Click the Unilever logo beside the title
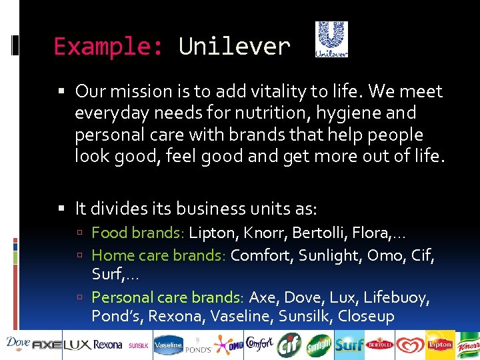pos(331,39)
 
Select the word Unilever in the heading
pos(234,47)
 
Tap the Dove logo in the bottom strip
pos(17,343)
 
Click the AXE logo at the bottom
pos(47,345)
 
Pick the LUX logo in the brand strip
pos(77,345)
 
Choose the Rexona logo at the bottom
pos(107,345)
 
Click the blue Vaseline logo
pos(168,345)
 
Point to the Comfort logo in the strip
pos(259,344)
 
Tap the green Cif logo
pos(291,345)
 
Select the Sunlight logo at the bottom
pos(319,345)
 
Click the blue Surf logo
pos(349,345)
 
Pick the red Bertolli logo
pos(380,345)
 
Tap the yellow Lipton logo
pos(440,345)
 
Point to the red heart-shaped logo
pos(410,345)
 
